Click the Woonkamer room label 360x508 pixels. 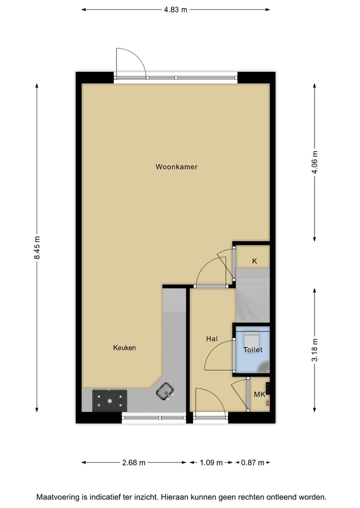[176, 167]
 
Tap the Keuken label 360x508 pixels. [124, 348]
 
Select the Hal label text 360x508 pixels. [212, 339]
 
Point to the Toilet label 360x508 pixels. [252, 350]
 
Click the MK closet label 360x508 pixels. [259, 395]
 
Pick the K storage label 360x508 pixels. [254, 261]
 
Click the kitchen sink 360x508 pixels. [165, 391]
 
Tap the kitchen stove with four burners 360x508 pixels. [109, 399]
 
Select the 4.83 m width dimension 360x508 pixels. [175, 9]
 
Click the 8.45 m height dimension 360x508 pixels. [36, 248]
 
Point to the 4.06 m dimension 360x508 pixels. [314, 162]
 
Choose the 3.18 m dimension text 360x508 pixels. [314, 350]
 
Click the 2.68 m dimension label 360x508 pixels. [133, 463]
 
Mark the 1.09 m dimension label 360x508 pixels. [211, 463]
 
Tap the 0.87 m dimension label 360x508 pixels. [252, 463]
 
